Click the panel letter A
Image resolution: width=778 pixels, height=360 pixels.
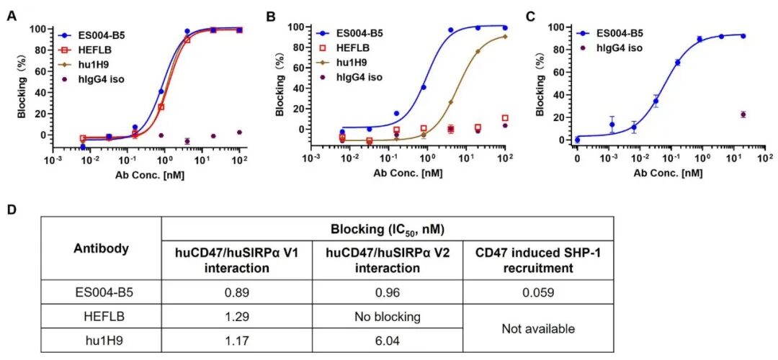click(10, 16)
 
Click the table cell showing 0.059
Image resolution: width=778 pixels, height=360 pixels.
click(537, 292)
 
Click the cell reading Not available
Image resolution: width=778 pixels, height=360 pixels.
click(538, 329)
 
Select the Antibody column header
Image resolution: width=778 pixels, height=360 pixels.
click(102, 248)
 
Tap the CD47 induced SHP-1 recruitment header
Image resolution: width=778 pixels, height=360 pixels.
click(538, 260)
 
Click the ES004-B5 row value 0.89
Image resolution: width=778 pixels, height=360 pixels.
click(237, 292)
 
